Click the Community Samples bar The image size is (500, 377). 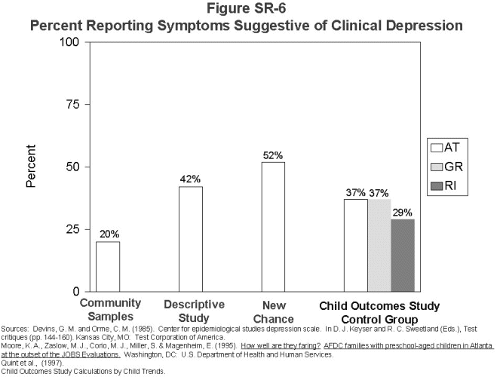[x=108, y=266]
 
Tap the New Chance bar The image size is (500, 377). [x=273, y=226]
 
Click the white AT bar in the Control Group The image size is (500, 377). [x=356, y=245]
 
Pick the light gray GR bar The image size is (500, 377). [x=379, y=245]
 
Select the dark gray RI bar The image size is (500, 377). [x=402, y=255]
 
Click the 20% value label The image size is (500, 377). [x=108, y=234]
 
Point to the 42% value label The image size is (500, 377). [x=190, y=179]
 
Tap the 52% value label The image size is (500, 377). [x=273, y=155]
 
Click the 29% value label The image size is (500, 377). [x=403, y=213]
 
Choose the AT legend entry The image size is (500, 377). [x=445, y=147]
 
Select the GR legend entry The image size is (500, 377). [x=445, y=167]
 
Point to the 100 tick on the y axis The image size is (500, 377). [x=71, y=42]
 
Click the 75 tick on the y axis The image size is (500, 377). [x=74, y=105]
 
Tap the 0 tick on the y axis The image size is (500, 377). [x=77, y=292]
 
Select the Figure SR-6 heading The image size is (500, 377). [x=245, y=9]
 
